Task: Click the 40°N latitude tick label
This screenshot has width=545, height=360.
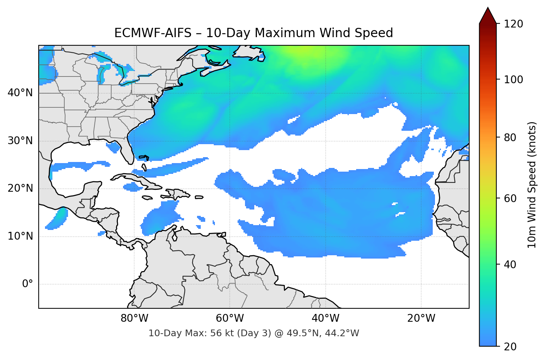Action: point(20,93)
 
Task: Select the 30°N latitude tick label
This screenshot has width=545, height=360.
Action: point(20,141)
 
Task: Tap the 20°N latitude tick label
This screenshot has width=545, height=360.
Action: point(20,188)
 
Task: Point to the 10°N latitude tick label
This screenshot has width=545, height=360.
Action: point(20,236)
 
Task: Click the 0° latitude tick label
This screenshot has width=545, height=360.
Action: point(27,284)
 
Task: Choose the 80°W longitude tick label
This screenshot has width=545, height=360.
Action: point(134,318)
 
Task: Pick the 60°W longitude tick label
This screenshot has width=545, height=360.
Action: point(230,318)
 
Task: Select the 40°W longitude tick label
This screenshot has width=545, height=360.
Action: point(325,318)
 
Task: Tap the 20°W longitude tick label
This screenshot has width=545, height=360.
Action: point(421,318)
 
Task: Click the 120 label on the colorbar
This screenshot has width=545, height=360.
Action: point(513,24)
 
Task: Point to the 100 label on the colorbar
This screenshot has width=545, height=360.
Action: point(513,80)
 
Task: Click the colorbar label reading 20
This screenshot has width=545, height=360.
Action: point(510,347)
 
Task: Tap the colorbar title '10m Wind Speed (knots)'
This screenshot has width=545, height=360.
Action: point(532,185)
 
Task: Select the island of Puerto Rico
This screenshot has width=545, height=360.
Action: point(199,197)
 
